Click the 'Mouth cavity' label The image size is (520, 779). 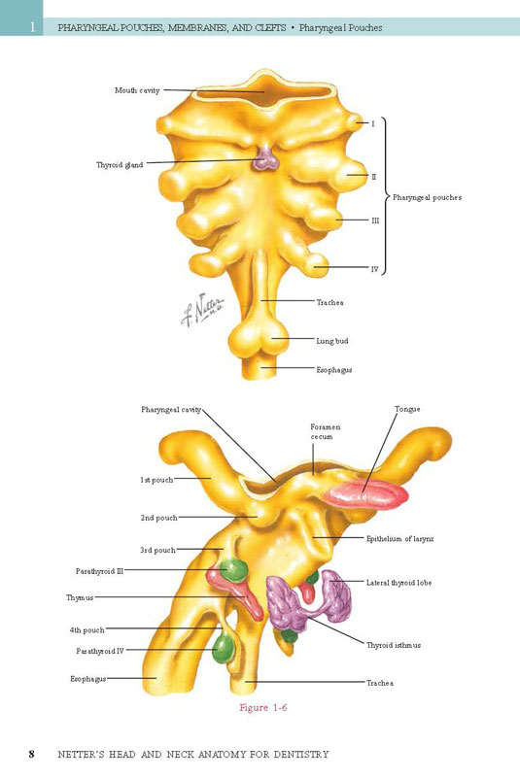137,90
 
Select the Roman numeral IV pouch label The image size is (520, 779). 375,269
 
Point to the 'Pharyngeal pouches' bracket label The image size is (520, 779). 427,197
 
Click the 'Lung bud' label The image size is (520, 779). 332,341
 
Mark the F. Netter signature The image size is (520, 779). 202,310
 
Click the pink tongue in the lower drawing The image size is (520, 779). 365,494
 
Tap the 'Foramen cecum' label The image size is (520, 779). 326,431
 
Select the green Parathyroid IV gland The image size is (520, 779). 223,648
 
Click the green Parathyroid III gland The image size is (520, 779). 233,570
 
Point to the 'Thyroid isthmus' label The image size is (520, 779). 394,645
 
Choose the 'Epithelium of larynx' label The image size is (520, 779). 399,538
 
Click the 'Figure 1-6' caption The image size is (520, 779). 263,707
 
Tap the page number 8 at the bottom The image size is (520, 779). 32,754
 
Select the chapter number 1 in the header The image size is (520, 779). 33,27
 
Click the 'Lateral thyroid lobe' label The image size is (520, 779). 399,582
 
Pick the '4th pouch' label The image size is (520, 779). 87,630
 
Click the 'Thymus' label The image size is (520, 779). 80,597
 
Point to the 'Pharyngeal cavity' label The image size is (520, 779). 171,410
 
